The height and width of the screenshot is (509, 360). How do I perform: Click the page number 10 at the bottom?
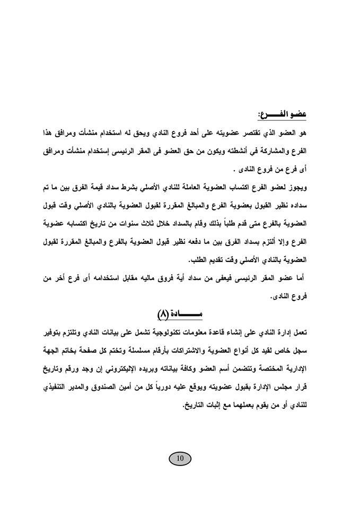click(x=180, y=458)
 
